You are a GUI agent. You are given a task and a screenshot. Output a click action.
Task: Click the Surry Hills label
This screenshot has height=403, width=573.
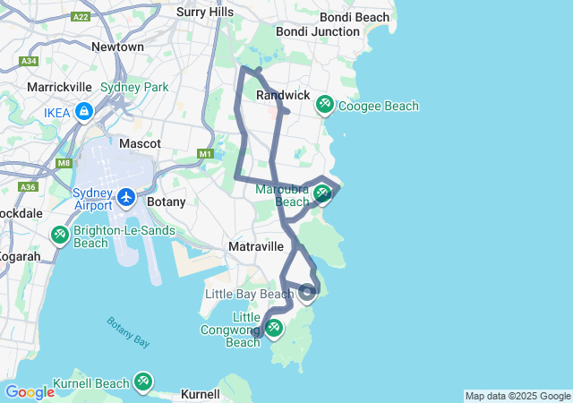(205, 12)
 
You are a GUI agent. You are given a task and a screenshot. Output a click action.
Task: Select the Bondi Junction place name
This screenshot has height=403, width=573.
(317, 31)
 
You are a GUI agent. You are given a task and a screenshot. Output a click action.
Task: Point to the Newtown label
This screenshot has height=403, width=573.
(117, 47)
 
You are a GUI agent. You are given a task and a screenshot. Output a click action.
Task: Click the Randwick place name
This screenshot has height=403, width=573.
(283, 95)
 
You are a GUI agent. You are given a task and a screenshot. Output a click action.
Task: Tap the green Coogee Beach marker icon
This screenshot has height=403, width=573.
(324, 106)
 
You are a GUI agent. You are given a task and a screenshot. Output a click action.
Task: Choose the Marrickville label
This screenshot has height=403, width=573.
(60, 88)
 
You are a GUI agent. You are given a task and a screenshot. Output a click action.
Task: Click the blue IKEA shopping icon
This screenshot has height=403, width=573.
(83, 111)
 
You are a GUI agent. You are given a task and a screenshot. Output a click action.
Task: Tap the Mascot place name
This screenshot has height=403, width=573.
(140, 143)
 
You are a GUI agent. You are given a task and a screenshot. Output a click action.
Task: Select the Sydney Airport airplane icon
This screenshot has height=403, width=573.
(126, 196)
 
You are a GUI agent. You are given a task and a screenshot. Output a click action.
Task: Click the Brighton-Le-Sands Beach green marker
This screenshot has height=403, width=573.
(59, 235)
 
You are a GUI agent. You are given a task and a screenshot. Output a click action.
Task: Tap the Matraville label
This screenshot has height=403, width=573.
(256, 245)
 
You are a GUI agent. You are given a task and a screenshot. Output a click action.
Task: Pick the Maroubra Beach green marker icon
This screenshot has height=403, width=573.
(321, 193)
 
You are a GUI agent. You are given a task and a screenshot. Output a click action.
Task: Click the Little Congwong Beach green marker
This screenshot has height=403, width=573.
(274, 328)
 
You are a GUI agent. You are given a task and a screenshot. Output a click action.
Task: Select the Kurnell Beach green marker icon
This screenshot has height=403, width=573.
(143, 382)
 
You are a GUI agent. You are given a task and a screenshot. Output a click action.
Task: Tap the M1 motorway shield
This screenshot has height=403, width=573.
(206, 154)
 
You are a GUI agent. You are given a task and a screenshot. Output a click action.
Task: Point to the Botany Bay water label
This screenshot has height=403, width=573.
(128, 331)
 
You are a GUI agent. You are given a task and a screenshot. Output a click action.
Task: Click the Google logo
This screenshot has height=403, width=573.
(30, 392)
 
